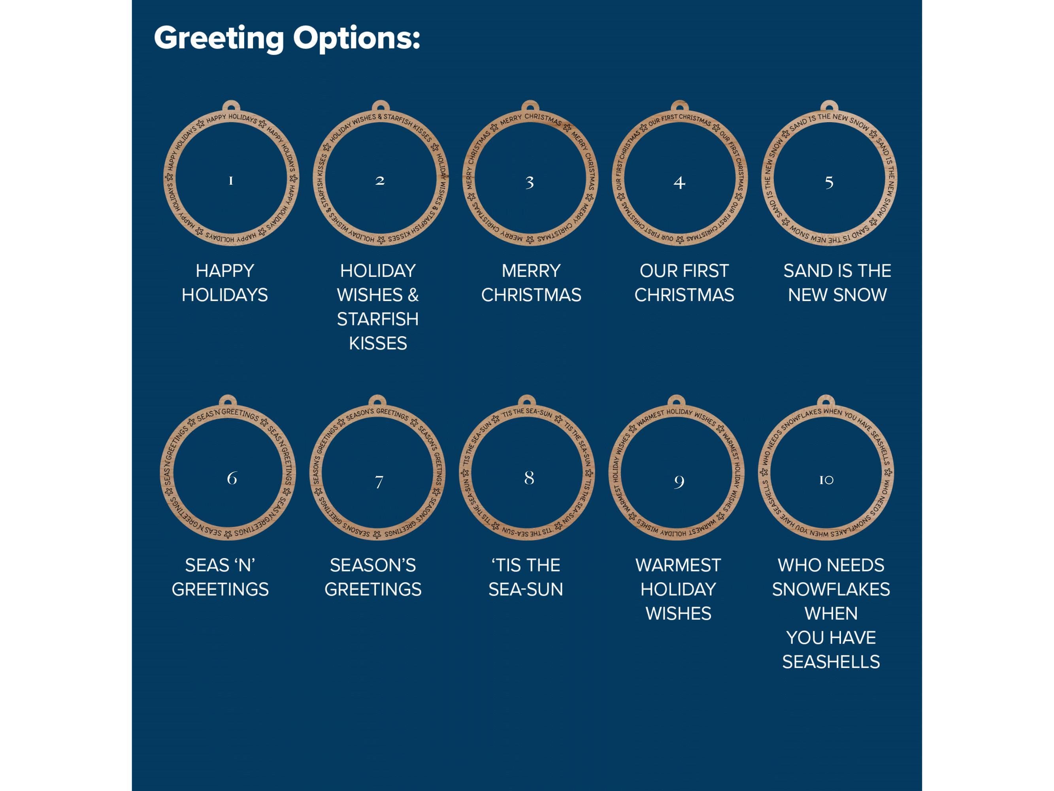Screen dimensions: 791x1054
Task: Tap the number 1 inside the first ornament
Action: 231,181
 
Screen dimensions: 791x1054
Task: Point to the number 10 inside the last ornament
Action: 826,480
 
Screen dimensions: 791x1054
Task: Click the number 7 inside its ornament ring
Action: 379,481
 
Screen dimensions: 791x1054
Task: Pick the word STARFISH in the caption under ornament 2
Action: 378,319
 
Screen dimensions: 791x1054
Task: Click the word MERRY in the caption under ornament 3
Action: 531,271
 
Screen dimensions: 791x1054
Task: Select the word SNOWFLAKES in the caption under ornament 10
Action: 831,589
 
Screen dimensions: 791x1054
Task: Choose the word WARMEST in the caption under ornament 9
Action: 678,565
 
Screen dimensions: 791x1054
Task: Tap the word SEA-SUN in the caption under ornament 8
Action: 526,589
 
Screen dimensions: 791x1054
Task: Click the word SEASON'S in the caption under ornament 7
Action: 373,565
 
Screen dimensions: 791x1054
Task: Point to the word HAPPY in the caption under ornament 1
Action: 225,271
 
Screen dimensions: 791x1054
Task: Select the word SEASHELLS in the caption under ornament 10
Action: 831,662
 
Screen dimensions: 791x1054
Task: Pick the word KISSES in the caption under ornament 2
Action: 378,343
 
